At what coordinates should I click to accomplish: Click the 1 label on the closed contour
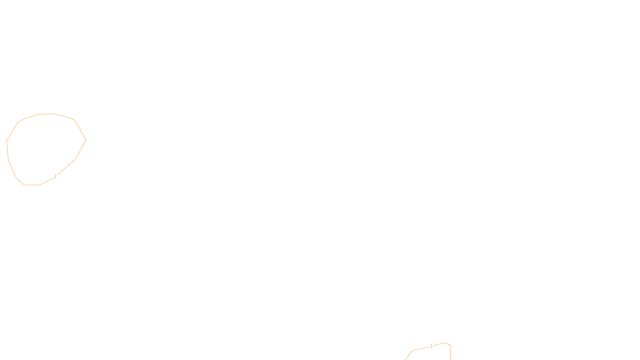(55, 176)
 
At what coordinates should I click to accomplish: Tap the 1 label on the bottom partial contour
(431, 346)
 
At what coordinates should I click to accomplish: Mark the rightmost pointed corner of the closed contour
(86, 140)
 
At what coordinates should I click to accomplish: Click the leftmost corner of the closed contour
(7, 141)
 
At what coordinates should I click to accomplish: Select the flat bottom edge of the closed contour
(32, 185)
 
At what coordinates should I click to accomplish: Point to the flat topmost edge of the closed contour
(46, 114)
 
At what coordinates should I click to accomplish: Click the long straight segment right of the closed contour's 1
(66, 167)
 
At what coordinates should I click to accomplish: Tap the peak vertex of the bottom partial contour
(444, 342)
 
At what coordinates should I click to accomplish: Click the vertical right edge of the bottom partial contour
(450, 353)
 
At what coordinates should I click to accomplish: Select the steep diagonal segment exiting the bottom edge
(408, 355)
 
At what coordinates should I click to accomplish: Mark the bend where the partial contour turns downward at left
(412, 350)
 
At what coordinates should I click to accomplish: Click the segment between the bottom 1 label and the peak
(438, 344)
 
